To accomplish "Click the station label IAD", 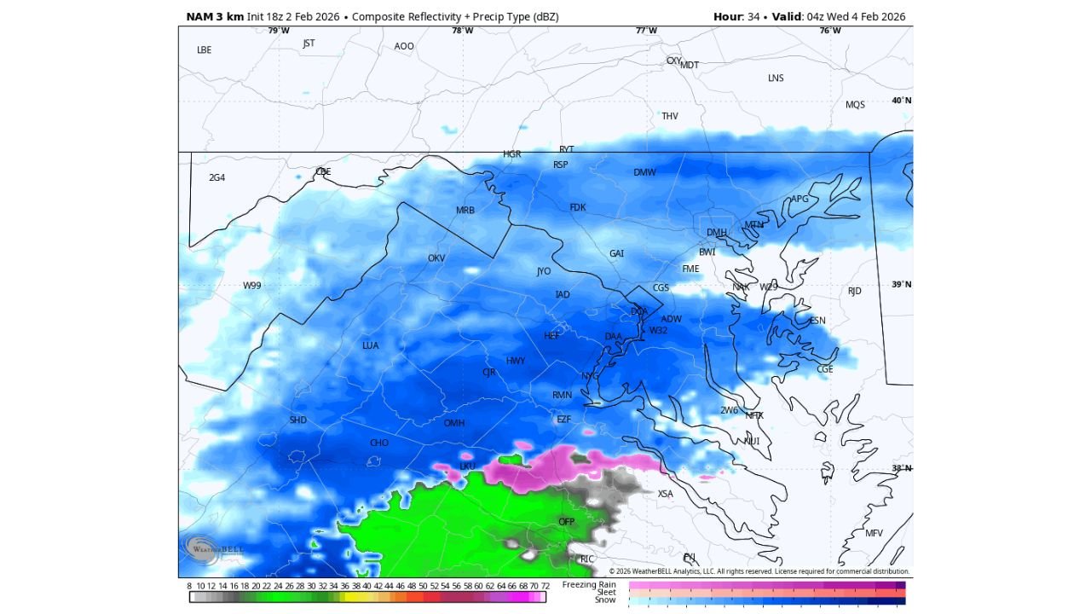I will pyautogui.click(x=563, y=295).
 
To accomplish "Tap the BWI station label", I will pyautogui.click(x=707, y=252).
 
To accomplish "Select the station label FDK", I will pyautogui.click(x=578, y=207).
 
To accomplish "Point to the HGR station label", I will pyautogui.click(x=511, y=154).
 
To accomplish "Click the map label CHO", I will pyautogui.click(x=379, y=443).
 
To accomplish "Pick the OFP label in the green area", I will pyautogui.click(x=567, y=521).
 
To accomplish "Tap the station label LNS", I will pyautogui.click(x=776, y=78).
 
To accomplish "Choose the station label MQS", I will pyautogui.click(x=855, y=105).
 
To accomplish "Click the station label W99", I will pyautogui.click(x=252, y=286).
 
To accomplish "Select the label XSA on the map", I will pyautogui.click(x=665, y=494).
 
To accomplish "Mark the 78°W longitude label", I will pyautogui.click(x=462, y=31).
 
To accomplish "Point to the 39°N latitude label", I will pyautogui.click(x=901, y=285).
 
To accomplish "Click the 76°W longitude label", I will pyautogui.click(x=830, y=31).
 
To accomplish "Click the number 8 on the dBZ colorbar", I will pyautogui.click(x=189, y=586).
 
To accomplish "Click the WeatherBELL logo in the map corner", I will pyautogui.click(x=205, y=550).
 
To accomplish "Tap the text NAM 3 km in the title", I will pyautogui.click(x=214, y=17).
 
